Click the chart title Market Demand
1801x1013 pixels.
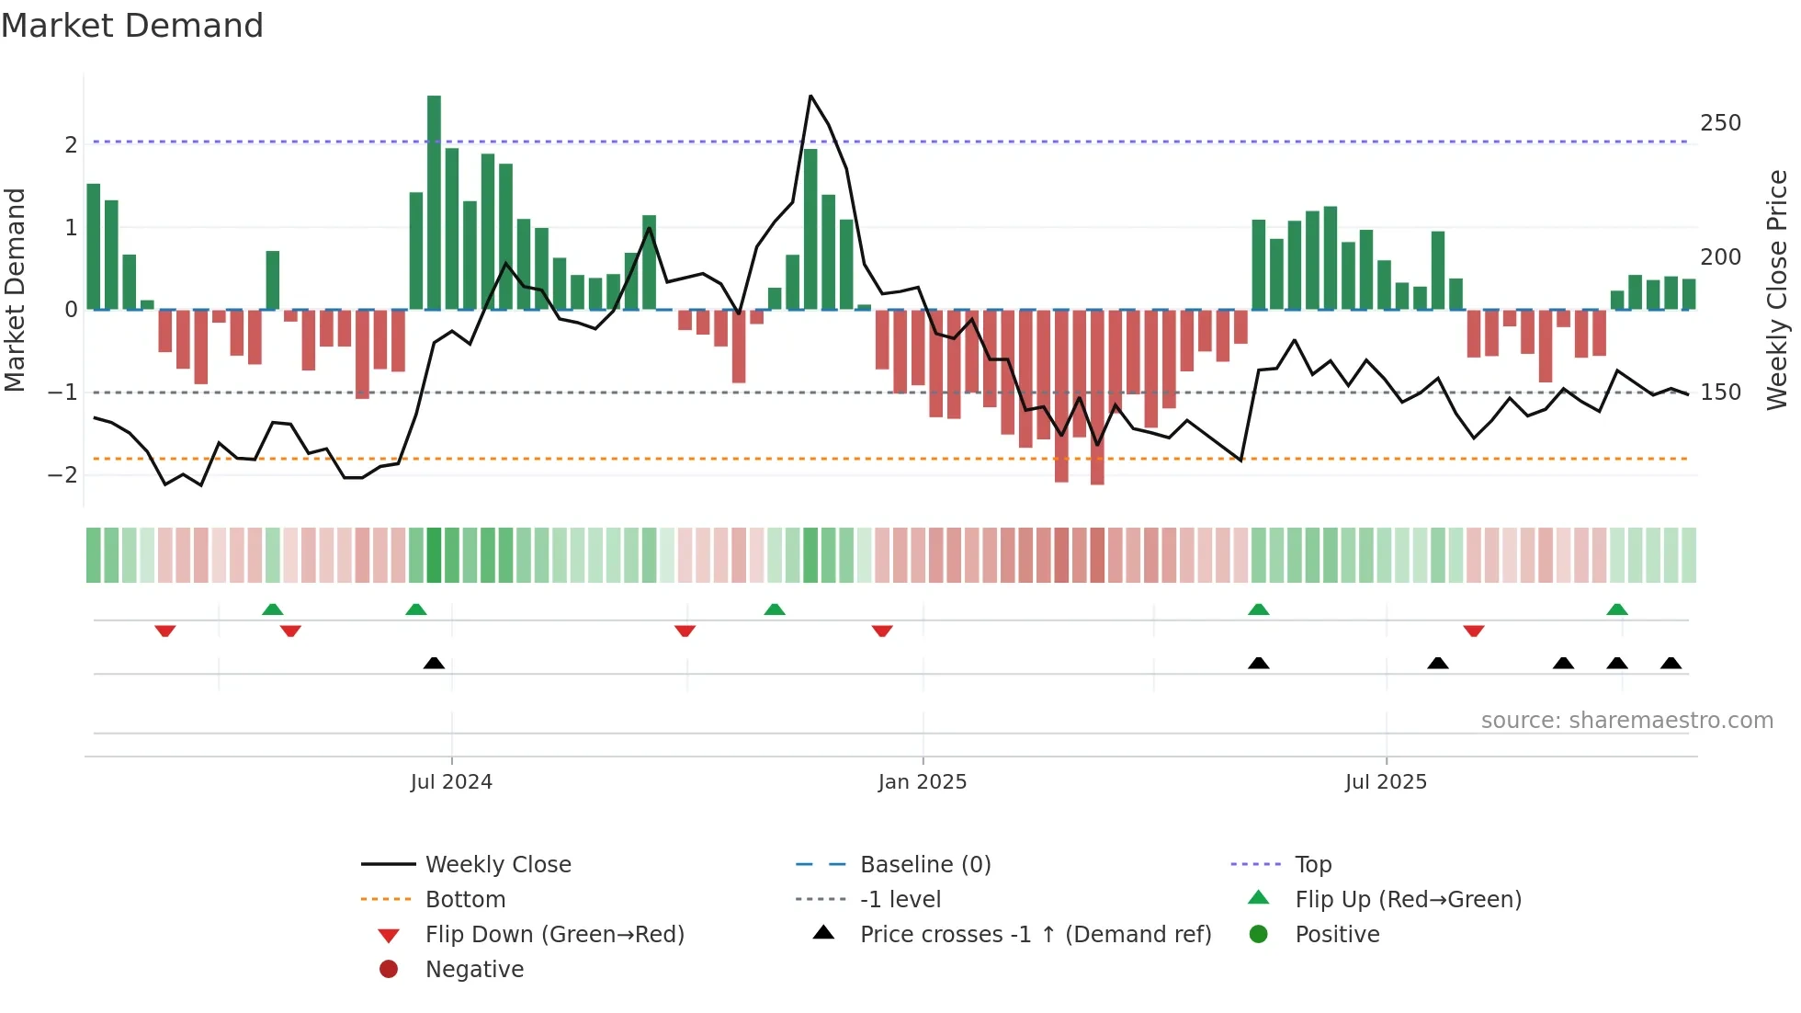click(132, 26)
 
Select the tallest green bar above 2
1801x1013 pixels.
click(434, 202)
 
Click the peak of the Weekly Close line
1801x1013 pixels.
click(810, 96)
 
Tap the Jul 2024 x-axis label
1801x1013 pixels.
click(451, 782)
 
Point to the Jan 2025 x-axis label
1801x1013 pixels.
click(923, 782)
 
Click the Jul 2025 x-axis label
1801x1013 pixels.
click(1386, 782)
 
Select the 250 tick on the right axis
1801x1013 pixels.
click(1720, 123)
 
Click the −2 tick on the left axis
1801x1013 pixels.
click(62, 475)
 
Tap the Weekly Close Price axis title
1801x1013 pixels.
click(1777, 290)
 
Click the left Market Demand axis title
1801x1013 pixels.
click(15, 290)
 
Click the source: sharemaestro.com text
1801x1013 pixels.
click(1626, 721)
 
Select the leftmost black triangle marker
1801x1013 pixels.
click(434, 663)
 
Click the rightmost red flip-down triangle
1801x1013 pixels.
click(1474, 631)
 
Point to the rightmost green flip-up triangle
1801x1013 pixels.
click(1617, 609)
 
